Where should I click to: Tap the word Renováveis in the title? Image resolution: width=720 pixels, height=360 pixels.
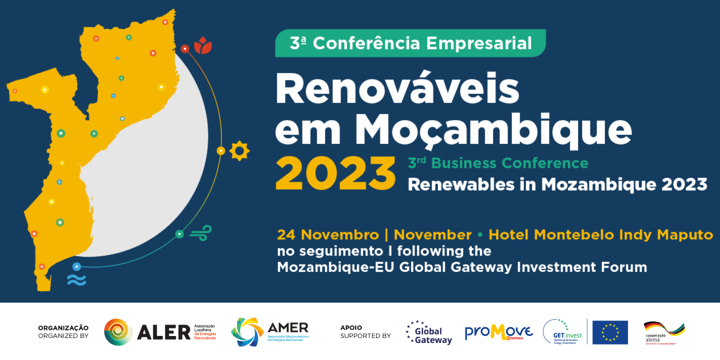[397, 90]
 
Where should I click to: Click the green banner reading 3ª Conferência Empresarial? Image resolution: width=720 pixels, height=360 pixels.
[410, 43]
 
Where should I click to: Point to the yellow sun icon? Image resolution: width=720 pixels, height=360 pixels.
[239, 150]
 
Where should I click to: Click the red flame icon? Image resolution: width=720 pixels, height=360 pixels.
[203, 45]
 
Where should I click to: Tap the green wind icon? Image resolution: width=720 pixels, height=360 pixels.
[201, 233]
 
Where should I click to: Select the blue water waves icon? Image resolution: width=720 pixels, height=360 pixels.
[76, 280]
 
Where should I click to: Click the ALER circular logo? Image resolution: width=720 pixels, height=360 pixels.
[118, 332]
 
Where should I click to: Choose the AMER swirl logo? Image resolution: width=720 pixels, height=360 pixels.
[247, 332]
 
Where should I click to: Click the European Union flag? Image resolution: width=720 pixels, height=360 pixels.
[610, 332]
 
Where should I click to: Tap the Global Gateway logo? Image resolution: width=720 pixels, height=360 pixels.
[428, 332]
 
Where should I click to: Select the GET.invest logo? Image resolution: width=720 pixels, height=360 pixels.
[562, 332]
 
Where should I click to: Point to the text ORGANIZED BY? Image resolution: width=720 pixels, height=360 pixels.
[63, 336]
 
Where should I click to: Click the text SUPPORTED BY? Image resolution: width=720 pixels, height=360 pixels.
[365, 336]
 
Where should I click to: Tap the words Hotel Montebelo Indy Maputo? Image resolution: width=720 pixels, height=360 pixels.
[600, 234]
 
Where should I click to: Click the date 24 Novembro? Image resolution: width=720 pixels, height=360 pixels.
[328, 234]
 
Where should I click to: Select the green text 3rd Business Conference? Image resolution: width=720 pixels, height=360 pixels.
[498, 163]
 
